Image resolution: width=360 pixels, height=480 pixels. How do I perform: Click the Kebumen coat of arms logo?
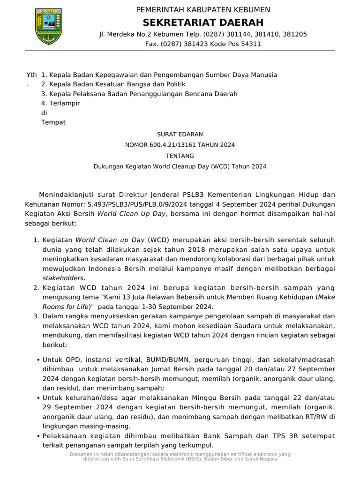[x=49, y=26]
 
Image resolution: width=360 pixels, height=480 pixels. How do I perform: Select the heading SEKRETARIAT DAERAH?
[x=203, y=22]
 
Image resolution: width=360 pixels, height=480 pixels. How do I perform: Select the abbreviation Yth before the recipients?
[x=31, y=75]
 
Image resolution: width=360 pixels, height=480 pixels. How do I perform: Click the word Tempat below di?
[x=53, y=123]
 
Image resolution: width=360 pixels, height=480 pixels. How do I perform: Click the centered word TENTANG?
[x=180, y=156]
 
